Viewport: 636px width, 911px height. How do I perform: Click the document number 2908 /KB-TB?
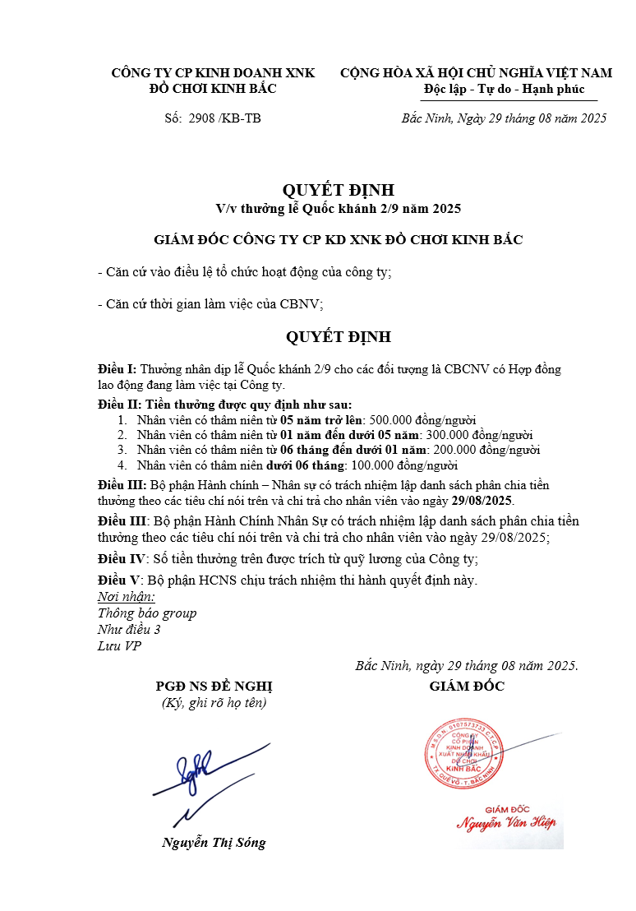point(224,118)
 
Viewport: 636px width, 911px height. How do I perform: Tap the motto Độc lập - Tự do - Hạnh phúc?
point(505,89)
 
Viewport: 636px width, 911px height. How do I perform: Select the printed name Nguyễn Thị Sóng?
point(214,843)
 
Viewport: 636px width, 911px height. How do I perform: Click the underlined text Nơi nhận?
point(126,597)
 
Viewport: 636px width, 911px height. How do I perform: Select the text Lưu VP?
point(119,646)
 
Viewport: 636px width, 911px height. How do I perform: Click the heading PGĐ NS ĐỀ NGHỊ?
point(214,687)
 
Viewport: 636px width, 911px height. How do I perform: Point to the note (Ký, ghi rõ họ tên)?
point(214,703)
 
